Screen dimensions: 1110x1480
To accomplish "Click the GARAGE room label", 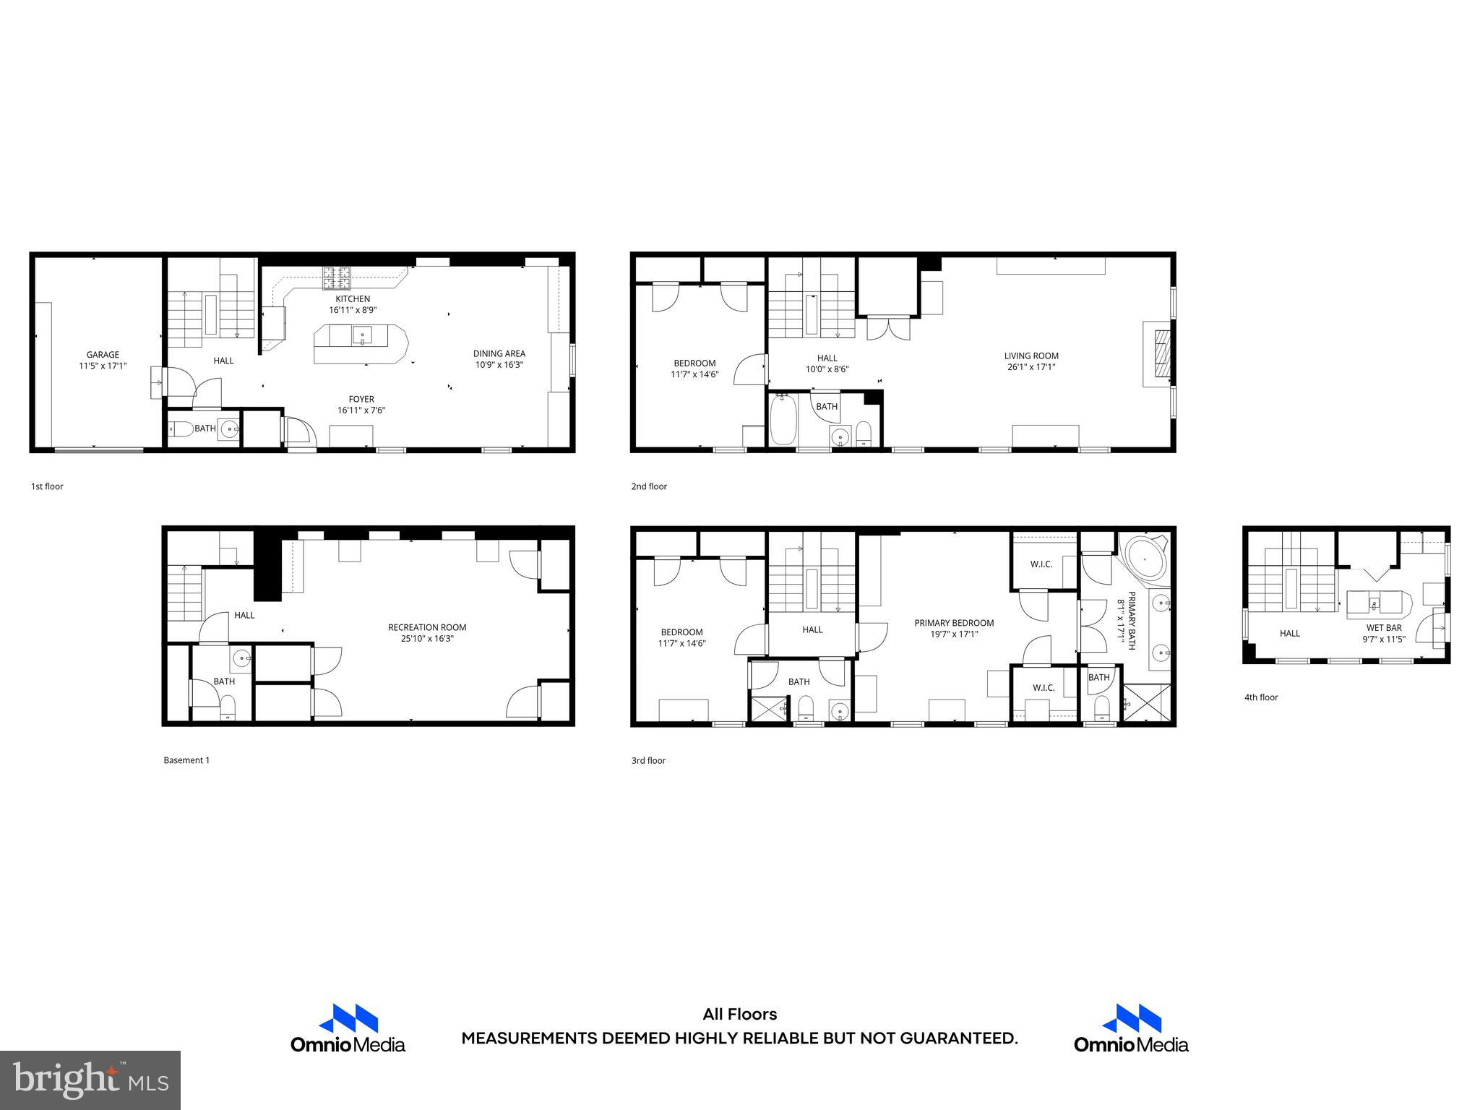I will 103,354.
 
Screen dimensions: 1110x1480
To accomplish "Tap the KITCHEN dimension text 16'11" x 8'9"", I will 353,310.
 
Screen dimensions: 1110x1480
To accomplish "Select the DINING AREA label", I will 499,353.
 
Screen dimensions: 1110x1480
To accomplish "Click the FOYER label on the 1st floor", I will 361,399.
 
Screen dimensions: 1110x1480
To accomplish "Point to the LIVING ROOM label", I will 1031,356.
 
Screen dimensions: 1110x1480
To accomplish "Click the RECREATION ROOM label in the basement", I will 427,627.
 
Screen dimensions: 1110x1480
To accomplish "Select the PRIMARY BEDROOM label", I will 954,623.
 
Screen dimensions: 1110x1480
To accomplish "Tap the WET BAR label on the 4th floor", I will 1383,628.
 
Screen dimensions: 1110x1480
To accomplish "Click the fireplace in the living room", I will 1161,354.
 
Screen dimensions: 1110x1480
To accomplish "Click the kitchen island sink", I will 361,335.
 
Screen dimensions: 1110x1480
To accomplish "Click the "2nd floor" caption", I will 648,486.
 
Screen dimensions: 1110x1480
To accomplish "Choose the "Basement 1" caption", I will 186,760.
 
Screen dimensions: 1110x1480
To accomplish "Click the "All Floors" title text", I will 739,1015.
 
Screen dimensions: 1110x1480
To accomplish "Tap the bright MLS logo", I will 90,1080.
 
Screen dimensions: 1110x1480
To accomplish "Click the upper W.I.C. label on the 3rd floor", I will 1041,564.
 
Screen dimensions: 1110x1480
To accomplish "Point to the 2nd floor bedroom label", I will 694,363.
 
